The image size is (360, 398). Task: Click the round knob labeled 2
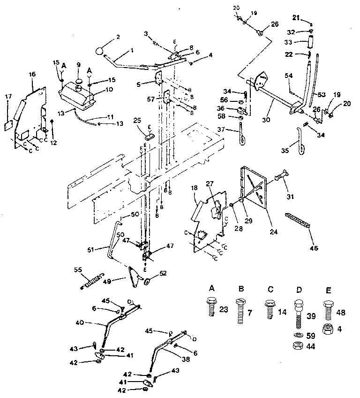click(100, 51)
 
